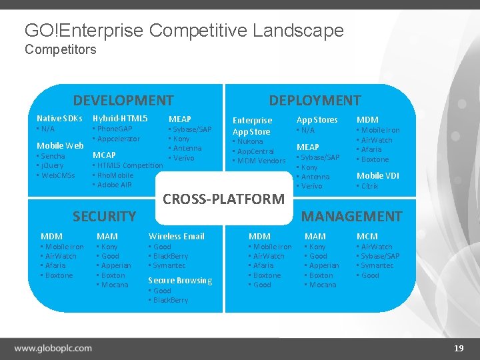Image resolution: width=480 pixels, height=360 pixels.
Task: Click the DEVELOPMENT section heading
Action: point(123,101)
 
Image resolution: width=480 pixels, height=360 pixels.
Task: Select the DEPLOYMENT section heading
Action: point(315,101)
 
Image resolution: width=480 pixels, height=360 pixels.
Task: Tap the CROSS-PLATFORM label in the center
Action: point(223,199)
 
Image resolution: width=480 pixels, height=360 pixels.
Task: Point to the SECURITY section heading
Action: point(104,216)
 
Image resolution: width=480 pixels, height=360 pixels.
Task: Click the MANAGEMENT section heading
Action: point(352,216)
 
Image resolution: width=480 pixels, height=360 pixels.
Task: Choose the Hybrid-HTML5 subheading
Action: point(120,118)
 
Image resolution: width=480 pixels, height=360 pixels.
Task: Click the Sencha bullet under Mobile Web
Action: point(53,156)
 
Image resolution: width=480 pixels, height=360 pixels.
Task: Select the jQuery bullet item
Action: point(53,165)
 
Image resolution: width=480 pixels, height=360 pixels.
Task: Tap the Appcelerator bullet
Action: point(119,139)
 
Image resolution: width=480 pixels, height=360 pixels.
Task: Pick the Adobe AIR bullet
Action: point(114,185)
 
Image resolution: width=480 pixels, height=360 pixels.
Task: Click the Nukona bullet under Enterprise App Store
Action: point(250,141)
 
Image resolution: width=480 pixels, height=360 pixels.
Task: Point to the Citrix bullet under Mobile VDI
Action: point(369,186)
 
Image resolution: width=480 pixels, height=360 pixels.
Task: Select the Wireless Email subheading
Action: point(176,236)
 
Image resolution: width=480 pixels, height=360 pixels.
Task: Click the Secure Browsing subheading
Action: point(180,281)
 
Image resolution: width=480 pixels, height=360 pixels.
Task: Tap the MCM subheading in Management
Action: point(367,236)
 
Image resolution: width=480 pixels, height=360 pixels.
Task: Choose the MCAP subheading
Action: point(104,155)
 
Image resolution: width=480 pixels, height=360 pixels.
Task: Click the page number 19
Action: point(459,348)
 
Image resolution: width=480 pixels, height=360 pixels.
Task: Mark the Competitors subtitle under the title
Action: point(60,49)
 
